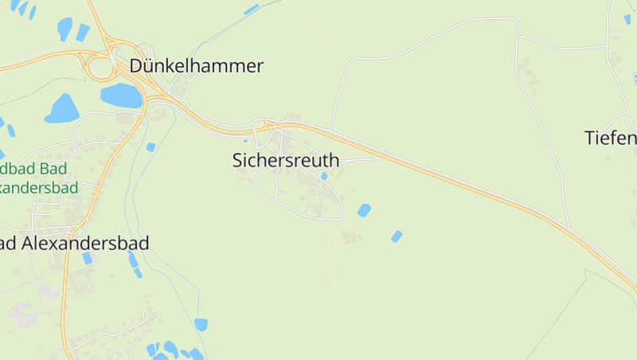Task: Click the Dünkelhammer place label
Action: tap(196, 66)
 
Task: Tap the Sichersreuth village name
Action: tap(285, 160)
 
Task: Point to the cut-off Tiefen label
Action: tap(612, 139)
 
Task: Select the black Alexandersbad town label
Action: tap(75, 243)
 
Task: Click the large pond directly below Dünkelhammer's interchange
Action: tap(121, 96)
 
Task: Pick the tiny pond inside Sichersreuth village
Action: tap(324, 176)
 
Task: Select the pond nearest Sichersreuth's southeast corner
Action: tap(364, 210)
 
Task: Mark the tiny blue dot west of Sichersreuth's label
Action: tap(245, 141)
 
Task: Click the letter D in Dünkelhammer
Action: tap(136, 66)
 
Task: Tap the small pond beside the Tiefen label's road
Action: tap(635, 78)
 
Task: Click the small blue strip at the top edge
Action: tap(252, 9)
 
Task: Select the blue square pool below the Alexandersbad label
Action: tap(87, 258)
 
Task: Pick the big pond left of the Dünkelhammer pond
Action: tap(61, 108)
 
